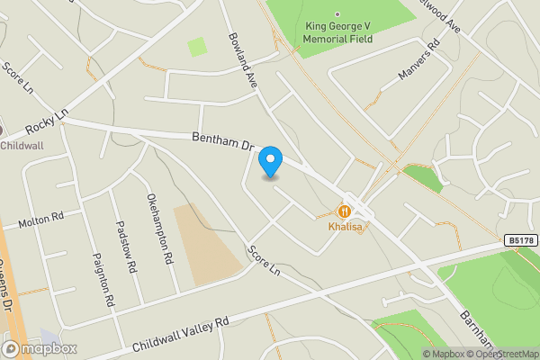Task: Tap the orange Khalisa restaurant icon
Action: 344,211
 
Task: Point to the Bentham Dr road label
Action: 224,143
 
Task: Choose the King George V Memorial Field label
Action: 337,34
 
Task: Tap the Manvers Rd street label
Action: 419,59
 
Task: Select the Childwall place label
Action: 20,145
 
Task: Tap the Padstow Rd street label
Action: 124,249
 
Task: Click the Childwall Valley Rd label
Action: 181,332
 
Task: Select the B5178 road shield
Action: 518,240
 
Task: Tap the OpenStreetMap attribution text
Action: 504,354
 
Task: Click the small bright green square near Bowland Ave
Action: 197,47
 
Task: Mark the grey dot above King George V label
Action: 337,14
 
